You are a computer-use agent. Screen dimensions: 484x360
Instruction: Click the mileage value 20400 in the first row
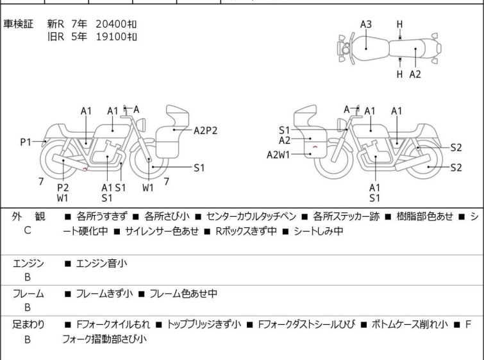click(111, 24)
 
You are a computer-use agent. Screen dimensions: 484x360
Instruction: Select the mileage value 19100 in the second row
click(111, 37)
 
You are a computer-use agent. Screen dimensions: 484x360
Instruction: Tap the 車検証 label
click(18, 24)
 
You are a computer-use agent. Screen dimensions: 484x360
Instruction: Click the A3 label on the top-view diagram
click(366, 24)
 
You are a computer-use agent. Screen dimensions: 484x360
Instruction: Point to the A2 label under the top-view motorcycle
click(415, 74)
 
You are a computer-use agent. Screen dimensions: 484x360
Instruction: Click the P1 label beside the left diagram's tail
click(26, 142)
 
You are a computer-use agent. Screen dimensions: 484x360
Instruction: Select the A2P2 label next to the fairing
click(205, 131)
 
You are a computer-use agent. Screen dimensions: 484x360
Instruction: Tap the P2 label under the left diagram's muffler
click(63, 187)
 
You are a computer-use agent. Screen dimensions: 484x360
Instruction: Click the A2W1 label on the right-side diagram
click(278, 155)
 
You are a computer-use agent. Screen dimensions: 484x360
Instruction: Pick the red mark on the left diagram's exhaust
click(85, 168)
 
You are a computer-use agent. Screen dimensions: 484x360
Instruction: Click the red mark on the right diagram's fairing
click(315, 146)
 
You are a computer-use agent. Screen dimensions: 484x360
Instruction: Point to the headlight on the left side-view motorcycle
click(141, 125)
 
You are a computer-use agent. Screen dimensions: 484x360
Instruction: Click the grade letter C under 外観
click(28, 230)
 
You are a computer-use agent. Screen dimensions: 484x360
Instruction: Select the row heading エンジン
click(28, 264)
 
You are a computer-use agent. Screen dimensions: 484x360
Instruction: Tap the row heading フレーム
click(28, 293)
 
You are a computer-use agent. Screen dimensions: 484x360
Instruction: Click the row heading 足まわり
click(28, 325)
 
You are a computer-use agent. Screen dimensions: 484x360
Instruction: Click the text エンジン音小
click(101, 264)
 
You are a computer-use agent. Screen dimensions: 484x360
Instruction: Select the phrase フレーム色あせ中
click(183, 293)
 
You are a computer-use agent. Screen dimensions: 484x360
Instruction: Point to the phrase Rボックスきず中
click(246, 231)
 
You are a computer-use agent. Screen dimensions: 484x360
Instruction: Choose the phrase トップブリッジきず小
click(204, 325)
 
